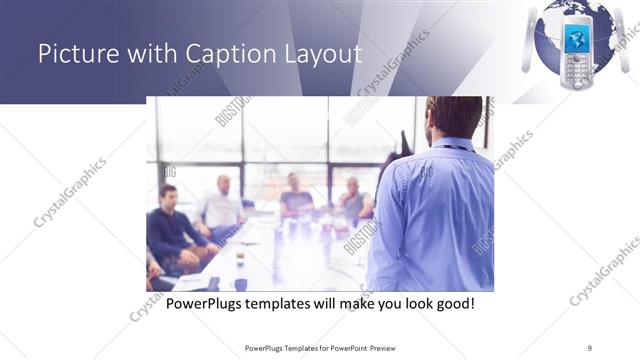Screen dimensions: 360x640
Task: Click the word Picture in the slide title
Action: [x=73, y=53]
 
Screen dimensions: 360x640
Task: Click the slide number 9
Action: [x=589, y=347]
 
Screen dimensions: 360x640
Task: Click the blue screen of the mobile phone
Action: [x=578, y=39]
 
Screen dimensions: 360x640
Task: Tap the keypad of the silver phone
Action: [x=577, y=72]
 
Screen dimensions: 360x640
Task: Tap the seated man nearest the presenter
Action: [x=353, y=200]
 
